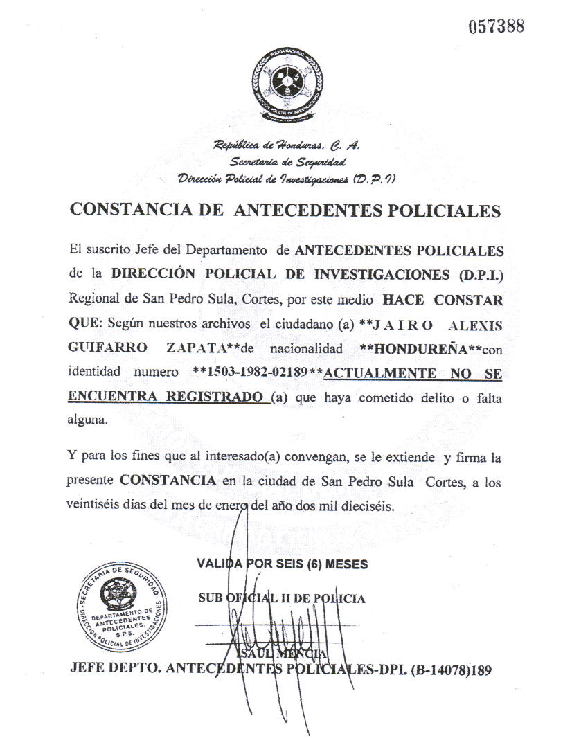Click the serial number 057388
[496, 27]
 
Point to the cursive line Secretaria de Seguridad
[287, 162]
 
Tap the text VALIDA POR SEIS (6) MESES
[283, 564]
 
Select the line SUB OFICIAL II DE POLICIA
[282, 598]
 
